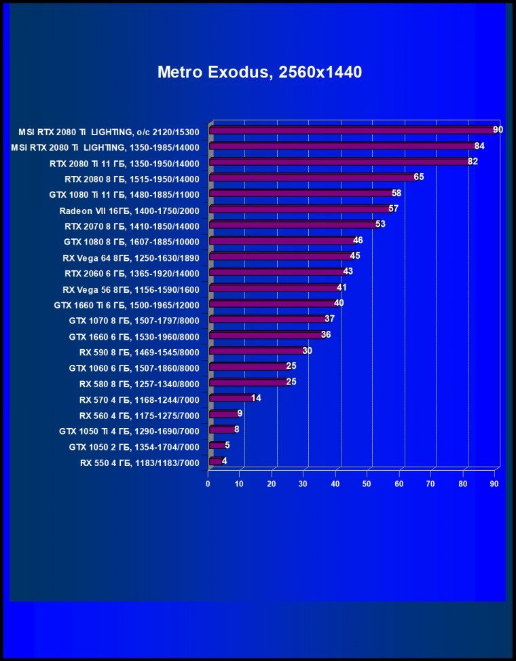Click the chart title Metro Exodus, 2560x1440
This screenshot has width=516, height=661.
259,72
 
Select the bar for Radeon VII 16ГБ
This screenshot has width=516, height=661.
299,209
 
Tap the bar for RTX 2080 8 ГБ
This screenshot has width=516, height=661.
312,178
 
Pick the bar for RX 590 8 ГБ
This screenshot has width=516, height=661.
257,351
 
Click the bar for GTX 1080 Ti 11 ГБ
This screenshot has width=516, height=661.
301,194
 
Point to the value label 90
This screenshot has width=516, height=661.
498,130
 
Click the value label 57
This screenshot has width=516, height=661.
393,209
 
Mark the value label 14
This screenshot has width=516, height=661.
256,398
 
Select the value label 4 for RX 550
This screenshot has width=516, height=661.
224,461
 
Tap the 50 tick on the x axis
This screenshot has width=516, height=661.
367,484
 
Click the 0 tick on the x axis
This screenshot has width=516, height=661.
208,484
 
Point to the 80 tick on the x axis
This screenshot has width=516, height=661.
463,484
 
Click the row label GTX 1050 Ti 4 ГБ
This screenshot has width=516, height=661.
129,431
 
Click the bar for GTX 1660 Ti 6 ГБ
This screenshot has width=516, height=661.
272,304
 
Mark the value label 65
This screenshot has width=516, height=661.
419,177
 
